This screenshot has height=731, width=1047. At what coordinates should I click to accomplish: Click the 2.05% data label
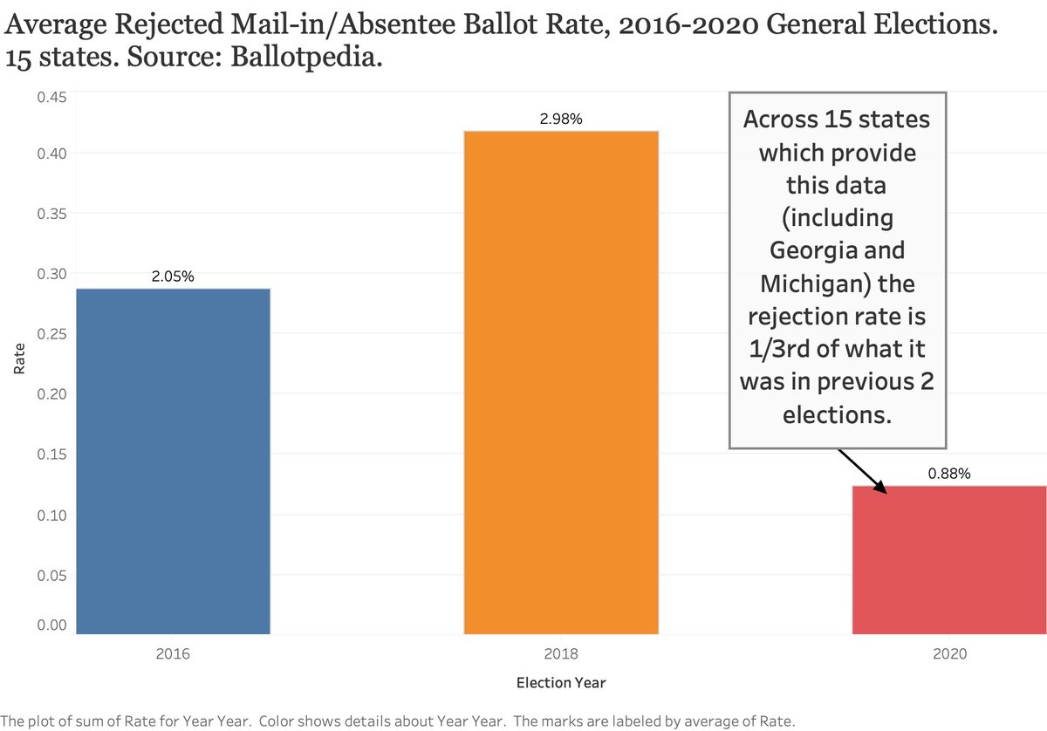click(172, 277)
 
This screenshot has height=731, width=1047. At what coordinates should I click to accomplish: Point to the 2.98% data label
click(561, 119)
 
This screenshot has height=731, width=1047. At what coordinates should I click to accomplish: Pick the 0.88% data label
click(949, 474)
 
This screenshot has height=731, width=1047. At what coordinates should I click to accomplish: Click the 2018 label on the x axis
click(561, 653)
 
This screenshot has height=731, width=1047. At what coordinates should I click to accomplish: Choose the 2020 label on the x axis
click(949, 653)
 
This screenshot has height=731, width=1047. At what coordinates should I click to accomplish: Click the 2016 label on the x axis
click(172, 653)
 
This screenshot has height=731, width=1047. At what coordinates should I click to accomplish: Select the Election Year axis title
click(560, 683)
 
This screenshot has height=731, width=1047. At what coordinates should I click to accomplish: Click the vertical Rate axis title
click(20, 361)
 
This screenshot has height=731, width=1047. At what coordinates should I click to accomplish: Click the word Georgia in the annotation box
click(811, 250)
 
